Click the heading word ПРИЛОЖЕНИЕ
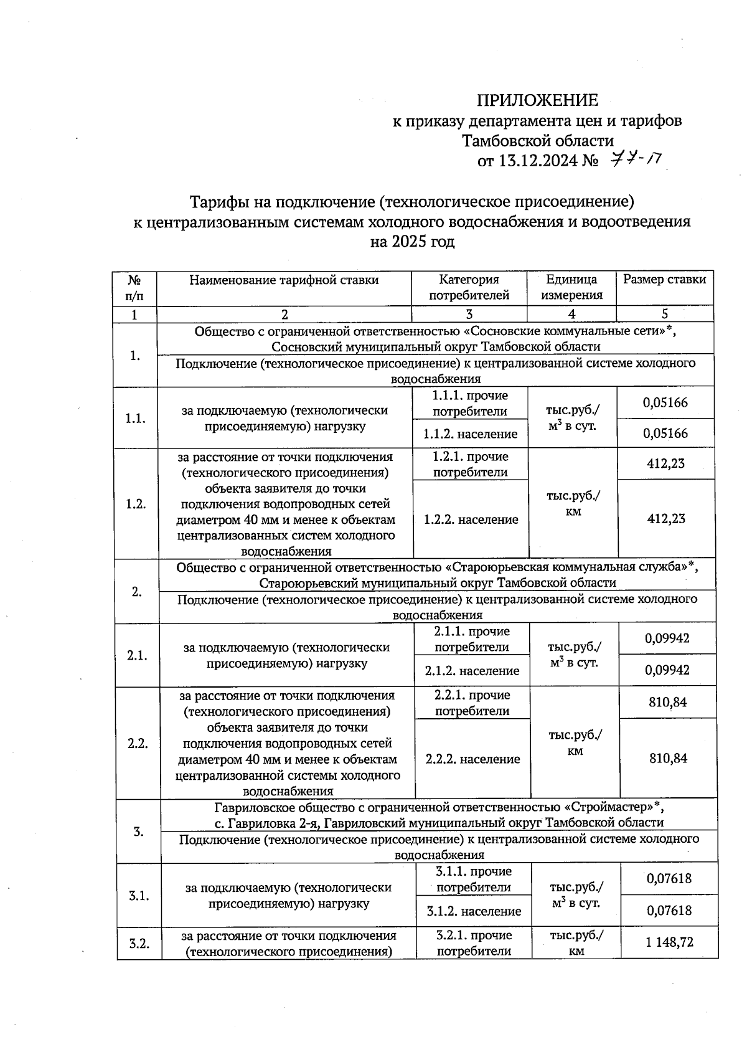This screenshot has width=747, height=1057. pyautogui.click(x=537, y=100)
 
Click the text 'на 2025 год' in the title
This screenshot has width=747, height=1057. pyautogui.click(x=412, y=242)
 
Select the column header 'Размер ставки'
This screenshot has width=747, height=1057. pyautogui.click(x=664, y=280)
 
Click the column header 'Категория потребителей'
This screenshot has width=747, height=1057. pyautogui.click(x=469, y=287)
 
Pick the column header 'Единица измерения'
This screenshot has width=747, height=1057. pyautogui.click(x=571, y=287)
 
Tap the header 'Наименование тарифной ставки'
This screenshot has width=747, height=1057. pyautogui.click(x=284, y=280)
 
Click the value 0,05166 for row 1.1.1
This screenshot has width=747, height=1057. pyautogui.click(x=665, y=402)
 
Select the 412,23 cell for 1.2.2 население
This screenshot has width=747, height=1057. pyautogui.click(x=665, y=518)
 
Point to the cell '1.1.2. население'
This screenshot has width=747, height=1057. pyautogui.click(x=470, y=434)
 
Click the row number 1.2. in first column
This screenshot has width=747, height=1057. pyautogui.click(x=135, y=504)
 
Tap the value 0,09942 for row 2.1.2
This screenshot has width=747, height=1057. pyautogui.click(x=667, y=670)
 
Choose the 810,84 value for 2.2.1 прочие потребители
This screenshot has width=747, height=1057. pyautogui.click(x=667, y=703)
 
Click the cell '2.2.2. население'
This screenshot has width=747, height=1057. pyautogui.click(x=472, y=759)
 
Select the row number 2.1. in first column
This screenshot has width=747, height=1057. pyautogui.click(x=136, y=655)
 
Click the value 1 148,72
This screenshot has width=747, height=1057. pyautogui.click(x=669, y=942)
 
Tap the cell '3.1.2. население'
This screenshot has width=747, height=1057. pyautogui.click(x=474, y=911)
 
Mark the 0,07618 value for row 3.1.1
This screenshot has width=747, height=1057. pyautogui.click(x=669, y=879)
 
